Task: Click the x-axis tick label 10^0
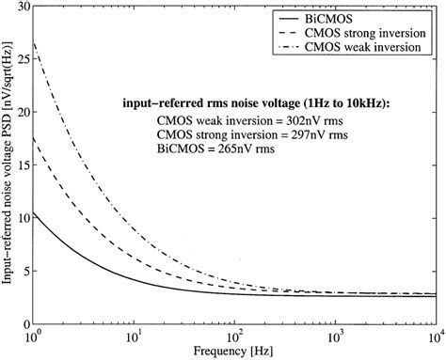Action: (x=35, y=336)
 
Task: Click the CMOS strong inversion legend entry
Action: (x=366, y=34)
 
